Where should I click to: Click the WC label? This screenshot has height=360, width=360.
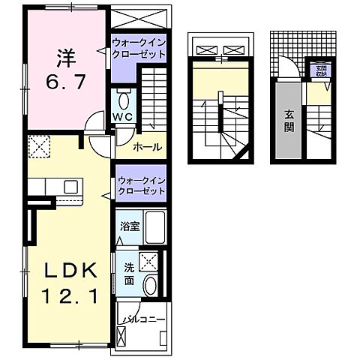pos(123,116)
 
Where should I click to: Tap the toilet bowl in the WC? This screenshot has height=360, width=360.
pos(124,98)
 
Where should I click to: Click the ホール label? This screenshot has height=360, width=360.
pos(147,147)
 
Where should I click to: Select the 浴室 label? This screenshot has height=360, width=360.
pos(129,225)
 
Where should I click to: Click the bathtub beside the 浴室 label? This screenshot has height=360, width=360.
pos(156,225)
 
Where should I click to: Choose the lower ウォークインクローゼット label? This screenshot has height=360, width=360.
pos(140,186)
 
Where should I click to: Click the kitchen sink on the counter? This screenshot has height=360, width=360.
pos(70,186)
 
